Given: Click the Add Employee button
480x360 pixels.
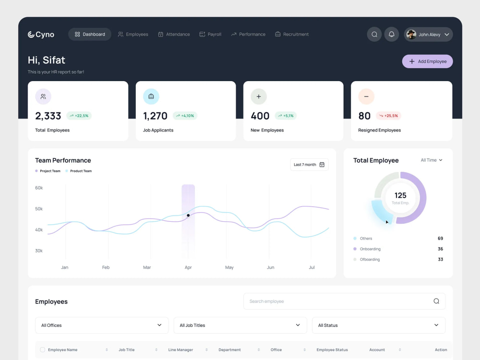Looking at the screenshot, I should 427,61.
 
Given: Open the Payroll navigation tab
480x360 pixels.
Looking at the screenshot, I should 210,35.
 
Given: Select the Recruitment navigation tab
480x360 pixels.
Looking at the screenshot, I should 292,35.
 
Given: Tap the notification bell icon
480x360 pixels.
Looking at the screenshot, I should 391,35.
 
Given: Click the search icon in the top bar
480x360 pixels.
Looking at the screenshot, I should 374,35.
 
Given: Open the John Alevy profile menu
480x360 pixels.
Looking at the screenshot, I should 428,35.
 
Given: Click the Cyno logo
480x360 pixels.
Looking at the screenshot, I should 41,35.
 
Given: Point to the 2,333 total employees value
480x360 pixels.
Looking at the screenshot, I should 48,116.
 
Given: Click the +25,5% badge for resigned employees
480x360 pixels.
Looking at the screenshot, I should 388,116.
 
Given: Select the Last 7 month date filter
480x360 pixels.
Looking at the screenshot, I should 309,165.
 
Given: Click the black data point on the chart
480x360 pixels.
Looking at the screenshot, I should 188,216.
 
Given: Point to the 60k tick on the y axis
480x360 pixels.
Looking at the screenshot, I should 39,188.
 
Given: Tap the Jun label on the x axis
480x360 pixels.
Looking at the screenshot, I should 271,267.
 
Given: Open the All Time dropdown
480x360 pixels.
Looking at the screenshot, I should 432,160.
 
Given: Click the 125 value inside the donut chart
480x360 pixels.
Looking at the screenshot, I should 400,195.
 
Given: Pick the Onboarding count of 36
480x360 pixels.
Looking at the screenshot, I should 440,249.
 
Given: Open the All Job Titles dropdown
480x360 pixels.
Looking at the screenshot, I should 240,325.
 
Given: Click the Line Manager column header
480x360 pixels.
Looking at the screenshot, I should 181,350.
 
